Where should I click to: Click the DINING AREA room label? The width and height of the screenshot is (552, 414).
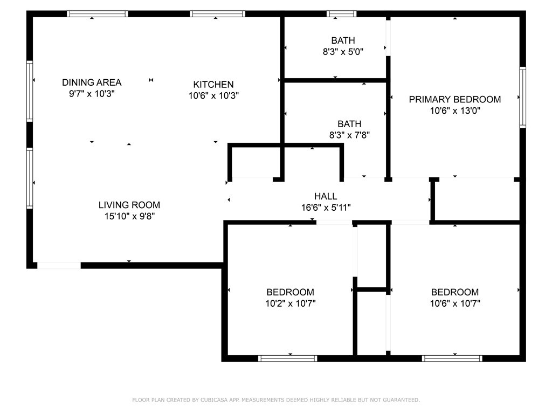[92, 82]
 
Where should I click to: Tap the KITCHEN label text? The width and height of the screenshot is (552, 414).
[213, 85]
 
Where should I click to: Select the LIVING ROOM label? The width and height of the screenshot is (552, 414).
[129, 205]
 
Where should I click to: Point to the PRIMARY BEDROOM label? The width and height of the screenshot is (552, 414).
[454, 99]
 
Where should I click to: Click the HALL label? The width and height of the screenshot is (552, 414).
[326, 196]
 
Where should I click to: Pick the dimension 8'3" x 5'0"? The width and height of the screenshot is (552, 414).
[343, 52]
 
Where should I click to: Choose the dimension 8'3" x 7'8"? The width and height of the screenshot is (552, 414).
[349, 136]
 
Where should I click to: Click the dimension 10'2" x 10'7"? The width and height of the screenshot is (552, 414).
[290, 303]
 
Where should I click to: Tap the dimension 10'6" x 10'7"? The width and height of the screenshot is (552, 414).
[455, 303]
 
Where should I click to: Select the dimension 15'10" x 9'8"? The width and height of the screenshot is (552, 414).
[129, 216]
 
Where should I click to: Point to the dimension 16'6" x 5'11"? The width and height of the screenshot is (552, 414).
[326, 208]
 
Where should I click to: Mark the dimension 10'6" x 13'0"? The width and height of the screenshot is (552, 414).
[454, 111]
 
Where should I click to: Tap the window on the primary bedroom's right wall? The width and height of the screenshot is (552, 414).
[522, 97]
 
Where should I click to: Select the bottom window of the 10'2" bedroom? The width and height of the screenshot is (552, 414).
[288, 358]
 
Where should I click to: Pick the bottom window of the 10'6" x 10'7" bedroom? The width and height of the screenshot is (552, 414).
[452, 358]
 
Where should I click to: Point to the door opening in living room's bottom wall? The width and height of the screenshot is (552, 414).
[59, 265]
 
